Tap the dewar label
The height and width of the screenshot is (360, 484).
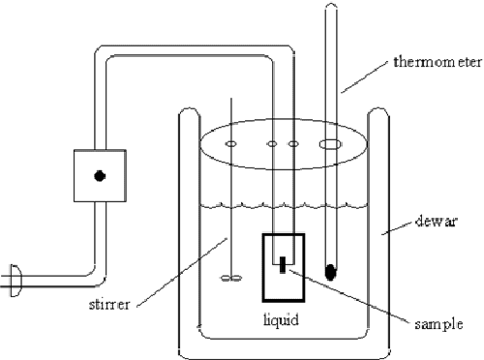(x=439, y=220)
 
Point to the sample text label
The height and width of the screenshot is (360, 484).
(x=432, y=324)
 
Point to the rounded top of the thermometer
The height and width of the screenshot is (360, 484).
(x=331, y=9)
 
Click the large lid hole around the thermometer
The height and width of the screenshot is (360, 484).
(x=331, y=144)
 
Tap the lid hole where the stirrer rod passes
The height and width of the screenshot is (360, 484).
(x=230, y=144)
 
